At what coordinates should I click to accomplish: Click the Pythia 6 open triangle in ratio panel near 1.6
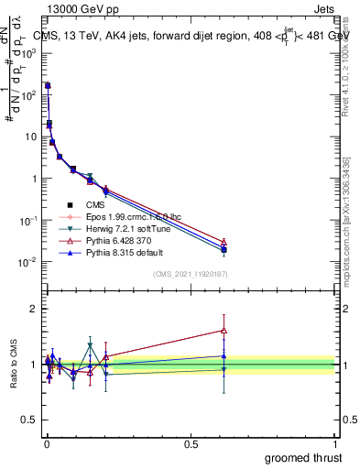click(x=224, y=331)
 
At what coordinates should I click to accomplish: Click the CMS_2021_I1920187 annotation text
click(x=190, y=273)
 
